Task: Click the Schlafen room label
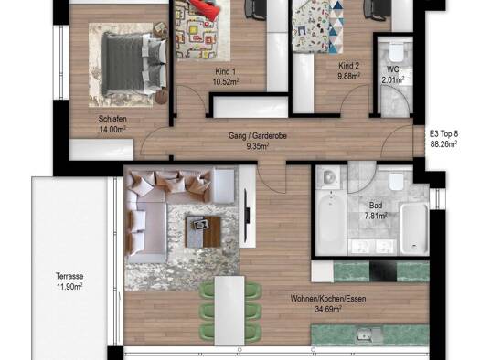click(112, 119)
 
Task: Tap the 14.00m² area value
click(112, 130)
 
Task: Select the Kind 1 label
click(226, 71)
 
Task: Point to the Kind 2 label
click(348, 66)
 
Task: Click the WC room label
click(393, 69)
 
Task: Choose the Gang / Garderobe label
click(258, 135)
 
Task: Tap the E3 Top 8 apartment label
click(444, 133)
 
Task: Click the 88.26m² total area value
click(444, 144)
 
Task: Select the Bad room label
click(376, 206)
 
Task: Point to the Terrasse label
click(69, 276)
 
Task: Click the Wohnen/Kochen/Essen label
click(328, 299)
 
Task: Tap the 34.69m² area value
click(328, 309)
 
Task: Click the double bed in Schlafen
click(133, 65)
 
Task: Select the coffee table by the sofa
click(203, 232)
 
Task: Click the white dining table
click(229, 311)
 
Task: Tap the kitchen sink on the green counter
click(369, 335)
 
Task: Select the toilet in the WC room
click(397, 52)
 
